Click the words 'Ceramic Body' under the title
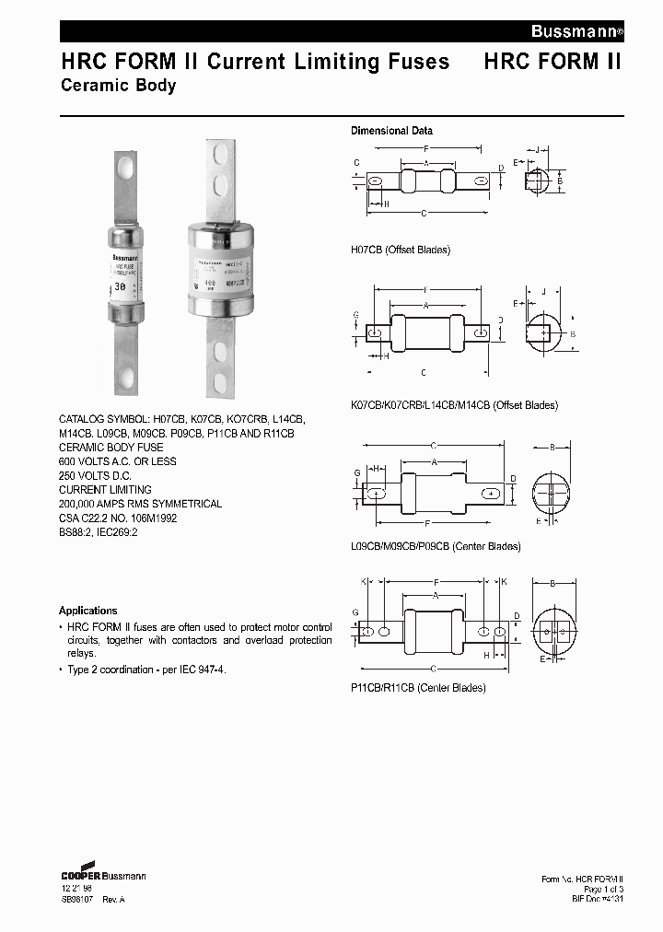point(118,86)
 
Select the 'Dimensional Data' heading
point(391,131)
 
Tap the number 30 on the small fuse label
point(120,287)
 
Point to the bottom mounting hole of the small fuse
point(128,376)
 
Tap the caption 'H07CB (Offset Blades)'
point(401,250)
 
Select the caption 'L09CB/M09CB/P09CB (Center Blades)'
point(436,546)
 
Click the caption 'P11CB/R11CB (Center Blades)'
point(418,687)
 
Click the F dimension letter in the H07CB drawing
point(425,149)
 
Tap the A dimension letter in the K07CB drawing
point(426,305)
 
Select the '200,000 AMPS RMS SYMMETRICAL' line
point(140,504)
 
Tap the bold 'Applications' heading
point(88,611)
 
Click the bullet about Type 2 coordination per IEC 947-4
point(145,670)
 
